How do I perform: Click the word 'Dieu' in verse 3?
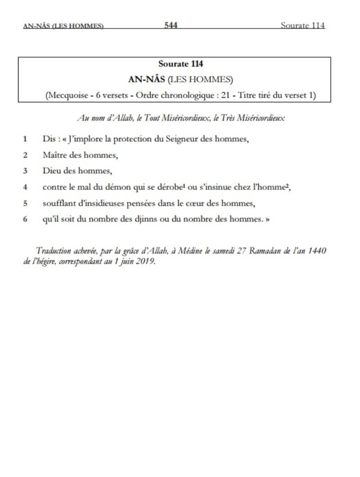[x=51, y=171]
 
